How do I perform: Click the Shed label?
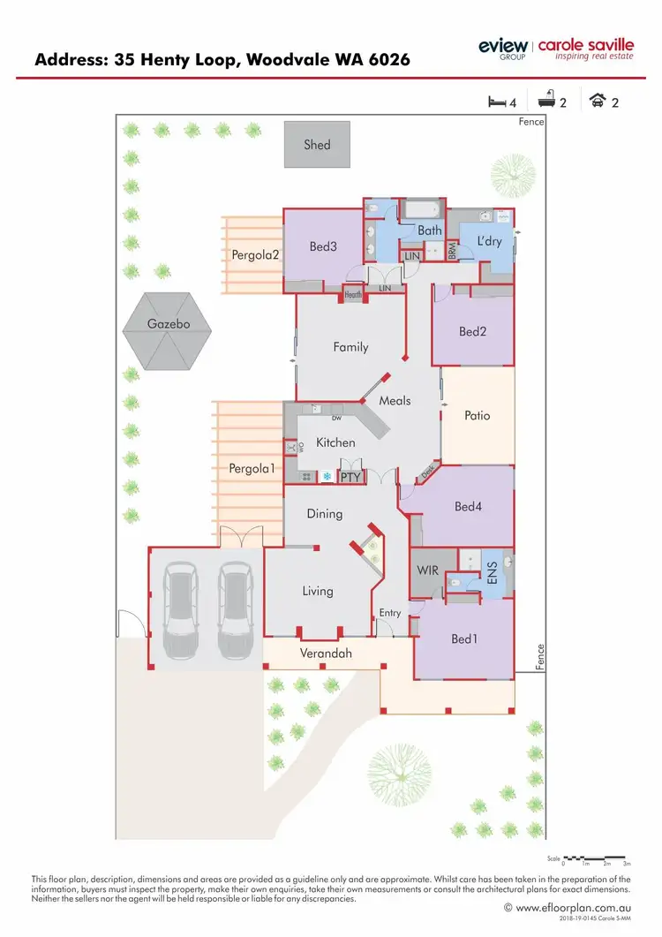[317, 145]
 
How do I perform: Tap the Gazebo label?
[169, 324]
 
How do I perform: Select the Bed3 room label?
[323, 247]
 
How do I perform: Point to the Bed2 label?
[472, 332]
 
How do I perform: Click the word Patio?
[477, 415]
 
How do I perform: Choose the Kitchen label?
[335, 442]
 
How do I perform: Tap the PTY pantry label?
[351, 477]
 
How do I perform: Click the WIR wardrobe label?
[428, 571]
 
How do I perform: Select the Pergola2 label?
[255, 255]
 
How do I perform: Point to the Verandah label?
[326, 654]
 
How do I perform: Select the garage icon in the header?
[599, 102]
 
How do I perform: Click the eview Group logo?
[503, 48]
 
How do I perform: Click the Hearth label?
[354, 295]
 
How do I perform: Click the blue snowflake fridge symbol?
[326, 477]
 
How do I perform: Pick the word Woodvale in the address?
[283, 60]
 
